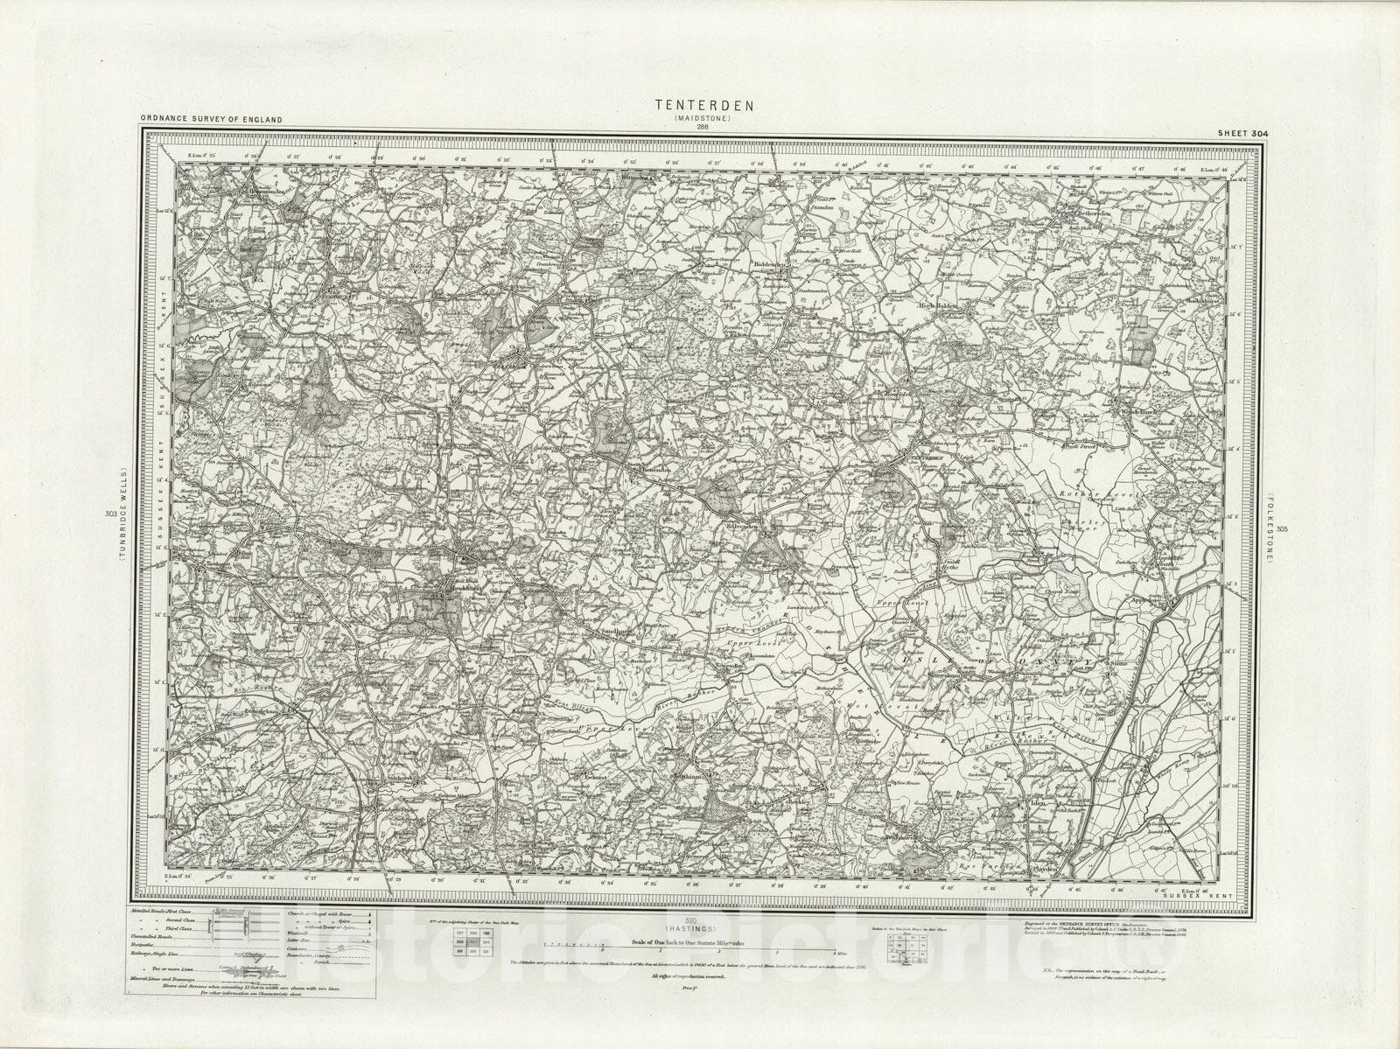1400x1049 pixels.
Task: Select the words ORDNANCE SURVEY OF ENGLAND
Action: [x=210, y=118]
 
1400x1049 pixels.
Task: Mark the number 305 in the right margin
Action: [x=1282, y=528]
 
